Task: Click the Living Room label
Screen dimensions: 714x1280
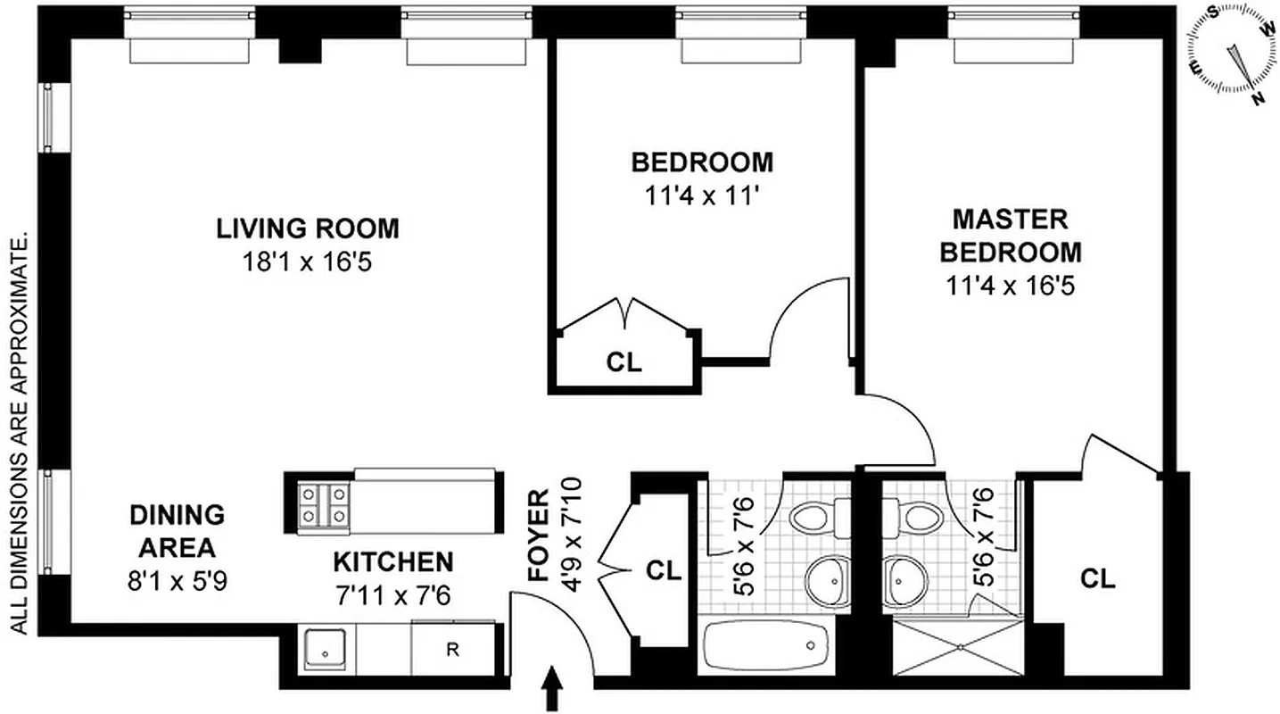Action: coord(308,228)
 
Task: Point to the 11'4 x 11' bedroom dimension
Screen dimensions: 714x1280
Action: coord(702,196)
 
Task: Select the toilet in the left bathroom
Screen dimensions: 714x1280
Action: coord(819,516)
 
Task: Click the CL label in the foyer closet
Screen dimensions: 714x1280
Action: coord(663,570)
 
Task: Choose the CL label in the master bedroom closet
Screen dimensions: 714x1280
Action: coord(1097,578)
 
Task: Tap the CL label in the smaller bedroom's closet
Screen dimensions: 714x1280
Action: coord(623,363)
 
